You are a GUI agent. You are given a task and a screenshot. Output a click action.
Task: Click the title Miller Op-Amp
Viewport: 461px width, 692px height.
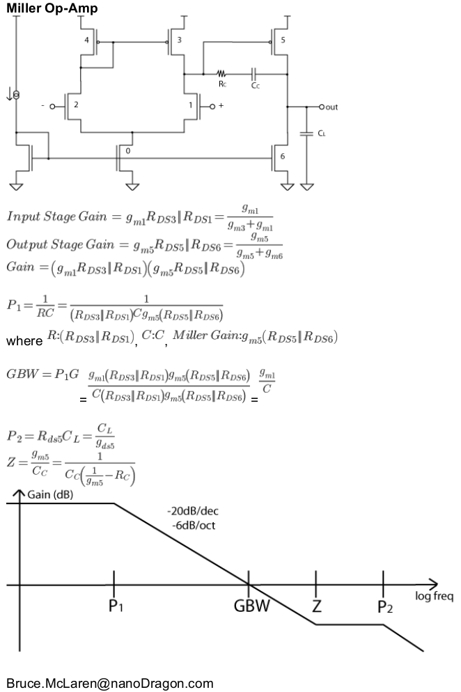click(x=52, y=8)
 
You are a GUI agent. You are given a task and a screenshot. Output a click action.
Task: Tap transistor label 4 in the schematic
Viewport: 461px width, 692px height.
click(x=87, y=40)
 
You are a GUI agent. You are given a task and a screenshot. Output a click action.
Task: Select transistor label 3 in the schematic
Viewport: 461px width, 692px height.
click(x=180, y=40)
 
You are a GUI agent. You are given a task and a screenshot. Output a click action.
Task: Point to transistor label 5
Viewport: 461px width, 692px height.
click(x=282, y=40)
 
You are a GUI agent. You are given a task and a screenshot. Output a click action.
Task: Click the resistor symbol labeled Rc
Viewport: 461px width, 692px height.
click(x=221, y=72)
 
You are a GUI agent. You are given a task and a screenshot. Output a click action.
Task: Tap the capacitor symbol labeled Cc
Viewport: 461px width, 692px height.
click(x=255, y=72)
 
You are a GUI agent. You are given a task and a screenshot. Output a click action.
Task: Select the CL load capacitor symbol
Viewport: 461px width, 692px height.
click(x=306, y=132)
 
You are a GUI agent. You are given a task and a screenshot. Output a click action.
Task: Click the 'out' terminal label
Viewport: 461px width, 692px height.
click(x=331, y=107)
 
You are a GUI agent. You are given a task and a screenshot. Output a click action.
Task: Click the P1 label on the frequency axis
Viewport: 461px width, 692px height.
click(x=116, y=606)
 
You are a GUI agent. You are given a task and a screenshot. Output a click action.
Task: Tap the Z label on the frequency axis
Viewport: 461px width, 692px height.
click(x=317, y=606)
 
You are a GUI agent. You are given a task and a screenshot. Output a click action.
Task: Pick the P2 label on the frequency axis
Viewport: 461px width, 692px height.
click(x=385, y=606)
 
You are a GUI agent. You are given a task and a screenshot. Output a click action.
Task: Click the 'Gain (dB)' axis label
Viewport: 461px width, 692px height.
click(x=50, y=496)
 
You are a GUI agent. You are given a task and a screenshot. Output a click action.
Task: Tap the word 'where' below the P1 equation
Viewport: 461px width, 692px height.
click(x=24, y=342)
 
